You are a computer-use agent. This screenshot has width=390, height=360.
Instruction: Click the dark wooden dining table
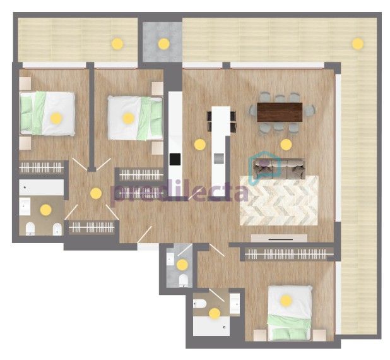(x=280, y=112)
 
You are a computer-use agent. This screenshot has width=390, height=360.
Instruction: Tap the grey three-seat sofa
(x=279, y=168)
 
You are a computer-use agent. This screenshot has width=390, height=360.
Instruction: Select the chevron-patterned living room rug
(x=279, y=200)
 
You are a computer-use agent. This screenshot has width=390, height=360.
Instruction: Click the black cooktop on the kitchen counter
(x=175, y=159)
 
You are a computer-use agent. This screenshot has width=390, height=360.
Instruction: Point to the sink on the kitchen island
(x=219, y=159)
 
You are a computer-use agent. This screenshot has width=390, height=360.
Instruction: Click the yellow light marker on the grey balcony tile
(x=164, y=44)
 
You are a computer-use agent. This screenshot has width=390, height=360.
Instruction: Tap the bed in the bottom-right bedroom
(x=290, y=313)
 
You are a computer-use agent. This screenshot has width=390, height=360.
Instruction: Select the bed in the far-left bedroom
(x=47, y=114)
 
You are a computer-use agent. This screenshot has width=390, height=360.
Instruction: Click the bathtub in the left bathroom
(x=42, y=187)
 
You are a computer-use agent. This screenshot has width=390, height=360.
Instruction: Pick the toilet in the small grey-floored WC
(x=184, y=280)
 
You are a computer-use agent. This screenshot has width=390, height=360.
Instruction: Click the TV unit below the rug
(x=279, y=238)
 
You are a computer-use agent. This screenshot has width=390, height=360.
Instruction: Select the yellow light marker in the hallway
(x=96, y=193)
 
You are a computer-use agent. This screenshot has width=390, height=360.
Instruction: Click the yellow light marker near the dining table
(x=286, y=145)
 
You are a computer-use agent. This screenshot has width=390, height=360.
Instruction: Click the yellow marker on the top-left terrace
(x=117, y=44)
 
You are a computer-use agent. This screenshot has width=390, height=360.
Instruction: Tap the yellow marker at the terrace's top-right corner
(x=358, y=44)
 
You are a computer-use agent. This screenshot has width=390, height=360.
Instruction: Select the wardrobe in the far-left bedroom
(x=41, y=167)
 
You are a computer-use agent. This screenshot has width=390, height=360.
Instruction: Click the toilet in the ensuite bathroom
(x=200, y=304)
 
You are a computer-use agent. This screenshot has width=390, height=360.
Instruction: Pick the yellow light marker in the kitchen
(x=199, y=145)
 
